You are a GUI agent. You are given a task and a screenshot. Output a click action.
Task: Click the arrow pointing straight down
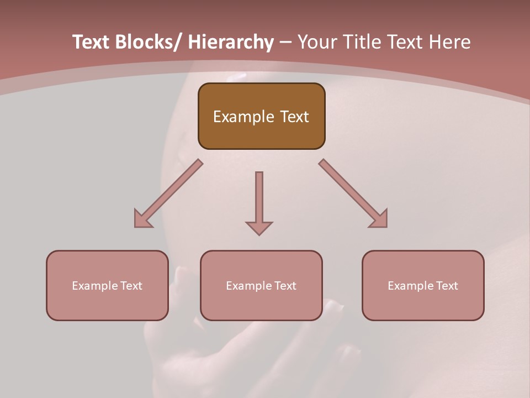[x=259, y=202]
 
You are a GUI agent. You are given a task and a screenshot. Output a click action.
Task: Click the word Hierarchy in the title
[x=231, y=43]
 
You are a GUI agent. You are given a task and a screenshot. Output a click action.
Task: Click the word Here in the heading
[x=450, y=43]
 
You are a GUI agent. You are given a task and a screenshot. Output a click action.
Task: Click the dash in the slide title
[x=285, y=43]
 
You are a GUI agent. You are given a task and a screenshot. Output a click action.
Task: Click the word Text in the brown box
[x=294, y=117]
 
